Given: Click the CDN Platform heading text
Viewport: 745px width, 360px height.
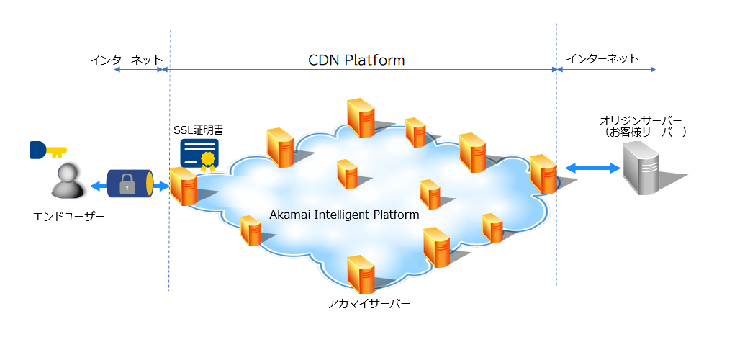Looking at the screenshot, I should (356, 60).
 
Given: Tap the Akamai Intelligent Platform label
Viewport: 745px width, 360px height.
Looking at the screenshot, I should (344, 215).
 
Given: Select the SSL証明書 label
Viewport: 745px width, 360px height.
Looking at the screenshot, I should (199, 130).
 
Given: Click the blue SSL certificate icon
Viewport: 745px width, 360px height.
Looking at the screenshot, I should (199, 154).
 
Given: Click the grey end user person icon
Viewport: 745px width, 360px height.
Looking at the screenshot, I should (69, 181).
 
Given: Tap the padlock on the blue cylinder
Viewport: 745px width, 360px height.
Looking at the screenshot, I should (127, 186).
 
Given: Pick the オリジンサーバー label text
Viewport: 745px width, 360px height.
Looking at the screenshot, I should (640, 120).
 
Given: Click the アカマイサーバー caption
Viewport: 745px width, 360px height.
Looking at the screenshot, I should (369, 305).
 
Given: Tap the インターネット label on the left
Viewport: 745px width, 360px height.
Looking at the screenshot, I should (127, 60).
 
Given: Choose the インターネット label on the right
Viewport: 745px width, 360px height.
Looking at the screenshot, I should (602, 59).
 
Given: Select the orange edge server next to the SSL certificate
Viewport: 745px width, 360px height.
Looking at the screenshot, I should (184, 186).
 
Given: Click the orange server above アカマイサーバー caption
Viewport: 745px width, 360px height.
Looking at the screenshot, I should (360, 274).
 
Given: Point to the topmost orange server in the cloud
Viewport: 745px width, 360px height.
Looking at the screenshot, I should (360, 117).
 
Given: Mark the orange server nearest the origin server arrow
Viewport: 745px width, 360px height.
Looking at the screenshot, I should (543, 174).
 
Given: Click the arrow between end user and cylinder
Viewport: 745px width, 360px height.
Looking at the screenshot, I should (98, 186).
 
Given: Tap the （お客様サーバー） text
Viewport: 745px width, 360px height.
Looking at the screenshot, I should (646, 132).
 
